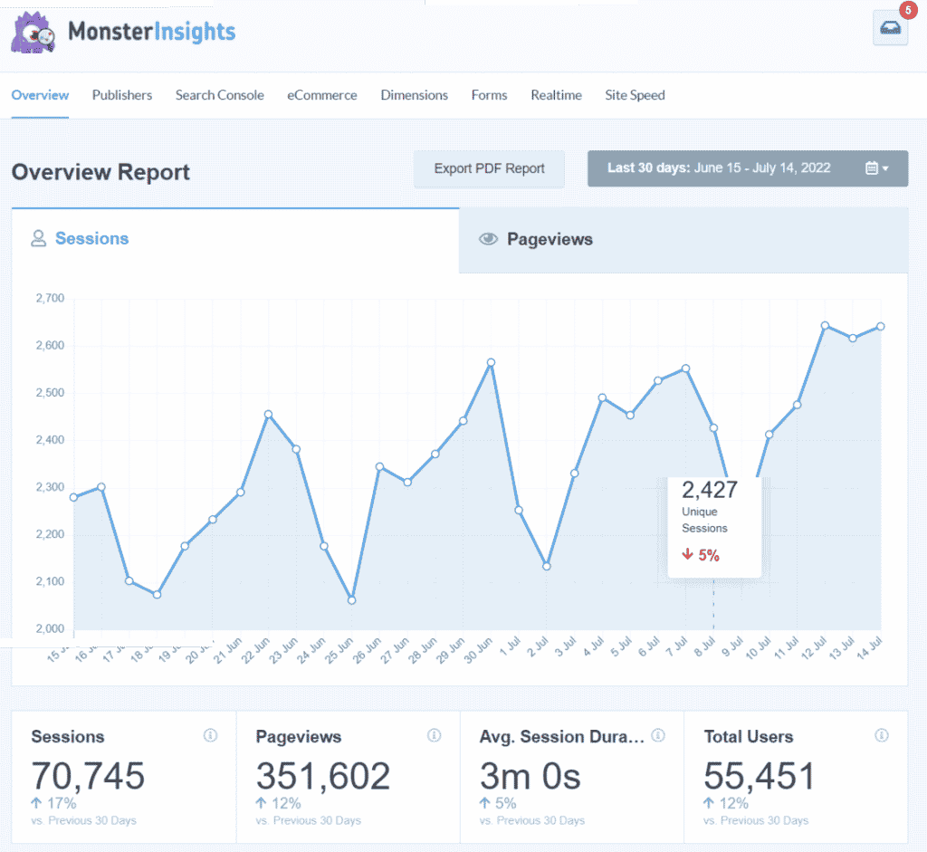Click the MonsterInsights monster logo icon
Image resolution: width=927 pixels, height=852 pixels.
pyautogui.click(x=34, y=32)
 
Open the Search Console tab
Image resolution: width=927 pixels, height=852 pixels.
pyautogui.click(x=219, y=95)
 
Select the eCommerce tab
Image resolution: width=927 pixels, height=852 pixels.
pyautogui.click(x=322, y=95)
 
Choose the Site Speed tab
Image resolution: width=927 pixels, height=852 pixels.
pyautogui.click(x=635, y=95)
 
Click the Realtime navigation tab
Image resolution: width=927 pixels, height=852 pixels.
pyautogui.click(x=556, y=95)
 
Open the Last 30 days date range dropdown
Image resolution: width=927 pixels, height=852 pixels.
pyautogui.click(x=747, y=168)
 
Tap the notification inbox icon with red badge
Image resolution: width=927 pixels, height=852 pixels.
pyautogui.click(x=890, y=28)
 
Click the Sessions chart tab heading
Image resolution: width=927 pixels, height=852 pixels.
pyautogui.click(x=91, y=239)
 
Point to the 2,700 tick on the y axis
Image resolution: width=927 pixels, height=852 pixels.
pyautogui.click(x=49, y=298)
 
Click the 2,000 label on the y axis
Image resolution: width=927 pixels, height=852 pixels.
pyautogui.click(x=49, y=629)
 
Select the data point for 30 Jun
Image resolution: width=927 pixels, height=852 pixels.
pyautogui.click(x=491, y=362)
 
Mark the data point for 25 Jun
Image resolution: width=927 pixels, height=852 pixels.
pyautogui.click(x=351, y=600)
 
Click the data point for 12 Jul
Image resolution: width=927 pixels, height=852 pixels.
pyautogui.click(x=825, y=325)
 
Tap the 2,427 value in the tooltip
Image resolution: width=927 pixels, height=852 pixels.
pyautogui.click(x=710, y=491)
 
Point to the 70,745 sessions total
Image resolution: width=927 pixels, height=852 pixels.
pyautogui.click(x=88, y=777)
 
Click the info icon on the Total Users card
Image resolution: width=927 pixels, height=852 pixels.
pyautogui.click(x=881, y=736)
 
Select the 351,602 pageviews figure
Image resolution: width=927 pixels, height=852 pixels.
pyautogui.click(x=322, y=777)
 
